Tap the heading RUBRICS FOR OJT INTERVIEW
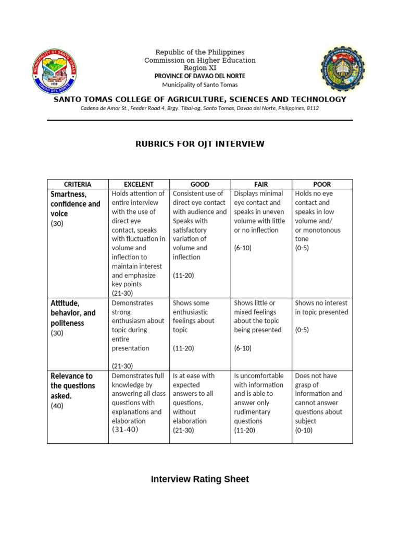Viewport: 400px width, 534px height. coord(200,143)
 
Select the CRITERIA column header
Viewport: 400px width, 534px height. coord(78,184)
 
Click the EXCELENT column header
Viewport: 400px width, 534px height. coord(139,184)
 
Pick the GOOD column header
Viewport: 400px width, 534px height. coord(200,184)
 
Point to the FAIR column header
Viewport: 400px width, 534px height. coord(261,184)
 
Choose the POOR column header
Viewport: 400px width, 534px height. coord(322,184)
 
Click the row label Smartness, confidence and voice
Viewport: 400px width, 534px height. coord(75,203)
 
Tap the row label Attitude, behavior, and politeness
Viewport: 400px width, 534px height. coord(73,313)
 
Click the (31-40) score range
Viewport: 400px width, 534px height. coord(125,429)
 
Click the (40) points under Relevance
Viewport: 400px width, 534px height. coord(57,406)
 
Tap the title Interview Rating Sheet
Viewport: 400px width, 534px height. coord(200,479)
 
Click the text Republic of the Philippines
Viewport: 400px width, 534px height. coord(200,52)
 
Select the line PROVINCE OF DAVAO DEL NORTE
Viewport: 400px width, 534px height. coord(200,76)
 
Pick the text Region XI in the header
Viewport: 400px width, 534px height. coord(200,68)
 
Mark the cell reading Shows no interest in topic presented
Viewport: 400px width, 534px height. coord(321,308)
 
